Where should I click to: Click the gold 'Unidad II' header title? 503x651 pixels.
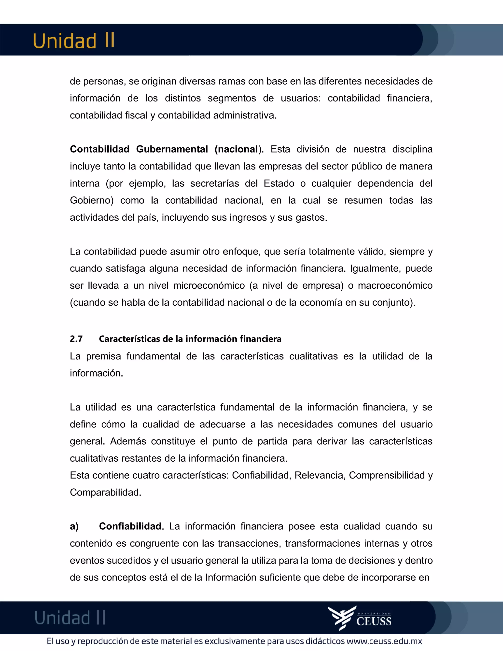(74, 41)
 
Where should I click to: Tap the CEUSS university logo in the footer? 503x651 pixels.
(360, 618)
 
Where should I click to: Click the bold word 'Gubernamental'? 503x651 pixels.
(172, 149)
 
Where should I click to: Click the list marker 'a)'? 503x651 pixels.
(74, 526)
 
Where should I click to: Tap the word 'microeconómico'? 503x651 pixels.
(209, 285)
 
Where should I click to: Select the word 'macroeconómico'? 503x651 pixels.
(395, 285)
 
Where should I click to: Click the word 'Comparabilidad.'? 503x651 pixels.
(105, 492)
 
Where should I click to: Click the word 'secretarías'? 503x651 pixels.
(215, 183)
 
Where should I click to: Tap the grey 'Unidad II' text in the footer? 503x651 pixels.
(70, 618)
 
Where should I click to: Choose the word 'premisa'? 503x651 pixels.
(103, 356)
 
